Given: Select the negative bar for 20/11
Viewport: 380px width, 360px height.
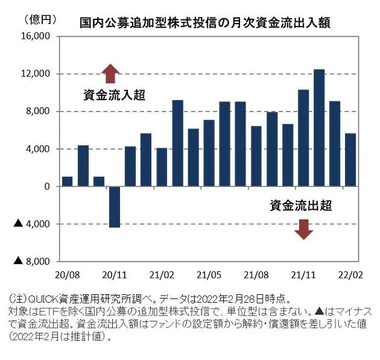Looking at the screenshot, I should (x=115, y=206).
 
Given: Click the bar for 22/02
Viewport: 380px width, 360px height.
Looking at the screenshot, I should (x=350, y=160).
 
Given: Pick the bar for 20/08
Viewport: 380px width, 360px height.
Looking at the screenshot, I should (x=68, y=182).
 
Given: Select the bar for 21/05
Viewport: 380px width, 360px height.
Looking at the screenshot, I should (x=209, y=153).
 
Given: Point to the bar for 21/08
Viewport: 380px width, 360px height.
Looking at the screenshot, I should (x=256, y=156).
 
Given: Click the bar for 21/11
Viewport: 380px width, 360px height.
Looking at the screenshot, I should (x=303, y=138).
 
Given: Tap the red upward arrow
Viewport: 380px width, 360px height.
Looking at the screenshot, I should (x=110, y=74).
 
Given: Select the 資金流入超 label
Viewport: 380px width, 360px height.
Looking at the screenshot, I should (x=115, y=95).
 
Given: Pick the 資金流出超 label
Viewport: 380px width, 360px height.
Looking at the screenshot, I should (x=301, y=206).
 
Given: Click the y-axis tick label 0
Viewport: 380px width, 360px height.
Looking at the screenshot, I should (x=46, y=186).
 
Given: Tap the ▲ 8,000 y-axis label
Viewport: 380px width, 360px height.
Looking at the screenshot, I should (x=31, y=261).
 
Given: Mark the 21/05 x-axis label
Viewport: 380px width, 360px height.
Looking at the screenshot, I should (x=208, y=274).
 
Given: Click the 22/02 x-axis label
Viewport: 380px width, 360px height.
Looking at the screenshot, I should (x=351, y=274).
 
